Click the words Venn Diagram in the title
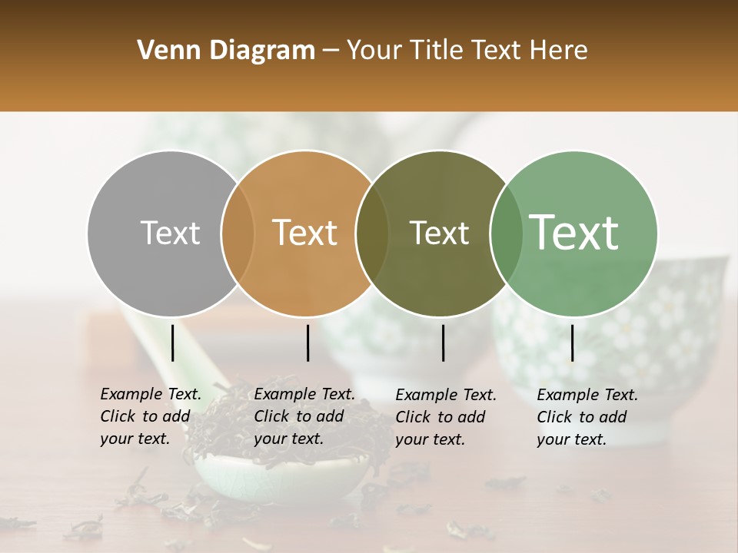pyautogui.click(x=226, y=51)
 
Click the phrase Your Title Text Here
pyautogui.click(x=467, y=51)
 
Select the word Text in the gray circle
pyautogui.click(x=170, y=233)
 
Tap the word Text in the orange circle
pyautogui.click(x=305, y=233)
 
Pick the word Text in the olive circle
pyautogui.click(x=439, y=233)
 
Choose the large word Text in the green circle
pyautogui.click(x=574, y=233)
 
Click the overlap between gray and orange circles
pyautogui.click(x=238, y=233)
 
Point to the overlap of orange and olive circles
pyautogui.click(x=372, y=233)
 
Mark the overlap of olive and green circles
pyautogui.click(x=506, y=233)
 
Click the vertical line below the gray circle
pyautogui.click(x=173, y=343)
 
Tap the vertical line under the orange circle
pyautogui.click(x=307, y=343)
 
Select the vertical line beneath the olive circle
pyautogui.click(x=443, y=343)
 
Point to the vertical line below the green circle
pyautogui.click(x=572, y=343)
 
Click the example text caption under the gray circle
pyautogui.click(x=151, y=416)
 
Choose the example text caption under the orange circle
pyautogui.click(x=304, y=416)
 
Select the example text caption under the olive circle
pyautogui.click(x=446, y=417)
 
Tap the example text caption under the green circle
pyautogui.click(x=587, y=417)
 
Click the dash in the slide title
pyautogui.click(x=331, y=51)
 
